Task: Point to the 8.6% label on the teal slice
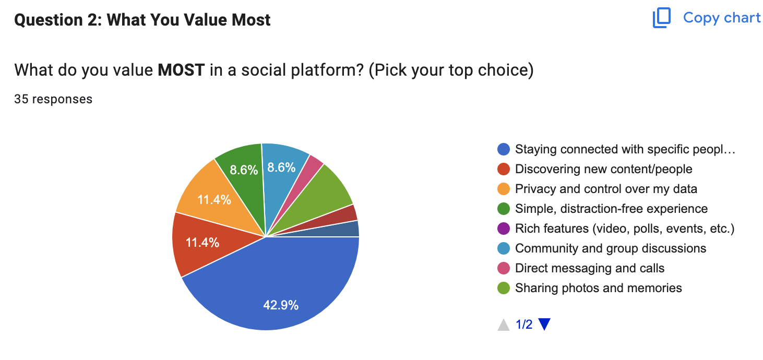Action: coord(281,167)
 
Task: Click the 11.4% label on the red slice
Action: coord(202,243)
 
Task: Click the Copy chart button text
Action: coord(722,18)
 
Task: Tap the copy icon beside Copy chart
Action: coord(661,18)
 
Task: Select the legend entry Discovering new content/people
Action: coord(603,169)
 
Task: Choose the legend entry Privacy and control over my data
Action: coord(606,189)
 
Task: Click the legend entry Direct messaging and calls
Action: coord(590,268)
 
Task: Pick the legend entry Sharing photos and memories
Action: coord(598,288)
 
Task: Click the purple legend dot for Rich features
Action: coord(504,229)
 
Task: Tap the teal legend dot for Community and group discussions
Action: coord(504,248)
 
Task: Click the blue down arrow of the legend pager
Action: coord(544,325)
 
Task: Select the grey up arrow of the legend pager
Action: coord(504,325)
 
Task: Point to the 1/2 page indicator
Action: coord(524,325)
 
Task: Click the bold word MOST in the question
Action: coord(181,70)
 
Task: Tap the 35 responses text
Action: coord(53,99)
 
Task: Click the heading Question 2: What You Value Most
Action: coord(142,20)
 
